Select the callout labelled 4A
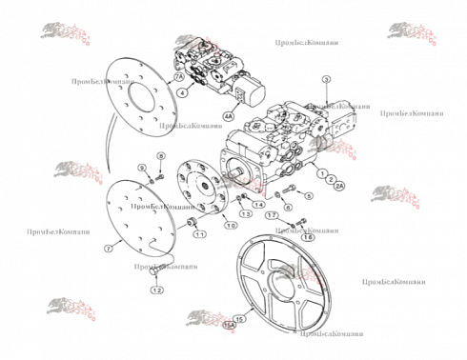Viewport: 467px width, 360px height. click(x=228, y=116)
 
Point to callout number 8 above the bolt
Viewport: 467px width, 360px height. click(x=161, y=155)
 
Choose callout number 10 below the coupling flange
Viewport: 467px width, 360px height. click(x=231, y=226)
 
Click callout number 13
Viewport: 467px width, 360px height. click(x=246, y=213)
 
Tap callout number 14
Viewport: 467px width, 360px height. click(x=259, y=206)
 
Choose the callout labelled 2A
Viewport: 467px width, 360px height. click(x=339, y=187)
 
